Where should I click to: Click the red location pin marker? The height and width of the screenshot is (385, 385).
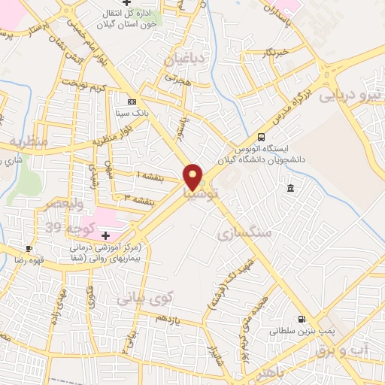(x=193, y=177)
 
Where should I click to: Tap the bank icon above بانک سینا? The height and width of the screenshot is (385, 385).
(x=132, y=102)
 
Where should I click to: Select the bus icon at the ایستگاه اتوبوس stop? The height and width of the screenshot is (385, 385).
(x=261, y=137)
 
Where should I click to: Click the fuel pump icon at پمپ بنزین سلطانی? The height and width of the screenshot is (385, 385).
(x=302, y=319)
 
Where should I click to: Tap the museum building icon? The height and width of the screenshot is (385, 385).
(x=290, y=187)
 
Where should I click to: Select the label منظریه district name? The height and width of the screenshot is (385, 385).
(x=29, y=141)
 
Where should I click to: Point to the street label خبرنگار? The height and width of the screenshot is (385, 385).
(x=285, y=53)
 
